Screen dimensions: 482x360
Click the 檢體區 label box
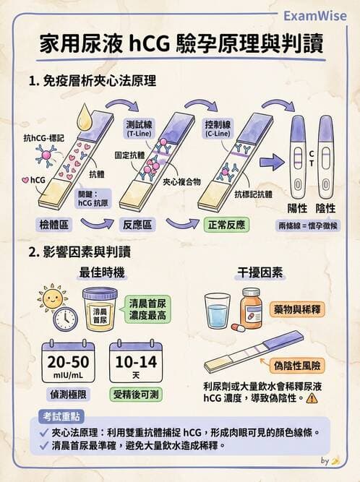click(x=54, y=225)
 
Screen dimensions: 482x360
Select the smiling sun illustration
click(x=52, y=297)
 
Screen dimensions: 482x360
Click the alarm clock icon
click(x=65, y=319)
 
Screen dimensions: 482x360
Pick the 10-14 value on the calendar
click(x=133, y=362)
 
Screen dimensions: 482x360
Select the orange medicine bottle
click(x=251, y=307)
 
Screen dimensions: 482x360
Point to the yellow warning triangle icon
click(x=312, y=398)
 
